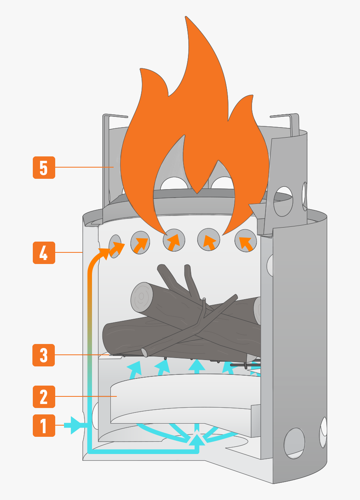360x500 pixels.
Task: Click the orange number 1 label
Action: pos(44,426)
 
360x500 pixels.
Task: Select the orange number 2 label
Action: pos(44,396)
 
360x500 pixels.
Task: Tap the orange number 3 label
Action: pos(44,354)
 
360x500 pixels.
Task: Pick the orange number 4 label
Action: pos(44,252)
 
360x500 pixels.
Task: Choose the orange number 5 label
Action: pos(44,167)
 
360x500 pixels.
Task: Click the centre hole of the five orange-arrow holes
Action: pos(174,240)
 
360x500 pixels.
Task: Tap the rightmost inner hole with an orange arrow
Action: pos(246,241)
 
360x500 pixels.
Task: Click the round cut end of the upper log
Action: pos(141,296)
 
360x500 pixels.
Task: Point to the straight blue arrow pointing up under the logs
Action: pos(196,366)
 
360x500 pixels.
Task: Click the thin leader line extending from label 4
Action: pos(68,252)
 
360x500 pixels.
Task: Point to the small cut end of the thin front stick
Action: pos(144,352)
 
